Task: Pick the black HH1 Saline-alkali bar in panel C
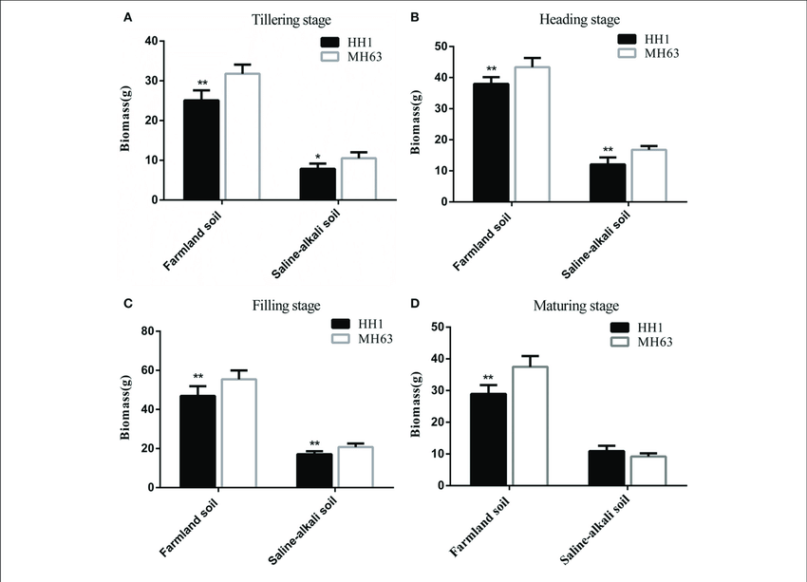[314, 470]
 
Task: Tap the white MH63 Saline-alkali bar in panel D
[647, 470]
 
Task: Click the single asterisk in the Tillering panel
[316, 158]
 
